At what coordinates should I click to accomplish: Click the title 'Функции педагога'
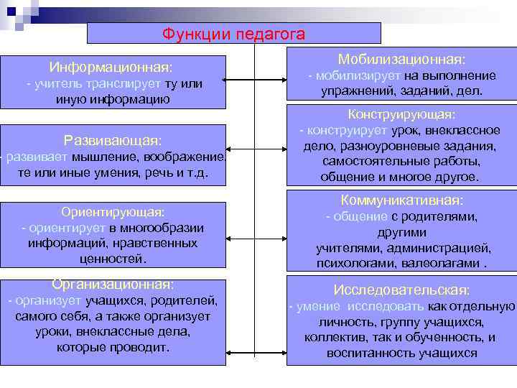click(233, 34)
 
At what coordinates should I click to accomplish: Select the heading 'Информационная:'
click(111, 68)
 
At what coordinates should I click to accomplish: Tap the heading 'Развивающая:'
click(113, 139)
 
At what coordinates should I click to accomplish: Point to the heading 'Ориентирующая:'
click(113, 212)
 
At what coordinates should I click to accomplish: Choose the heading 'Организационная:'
click(113, 284)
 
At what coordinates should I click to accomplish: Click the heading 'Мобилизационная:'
click(401, 59)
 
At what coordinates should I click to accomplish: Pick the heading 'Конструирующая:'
click(401, 114)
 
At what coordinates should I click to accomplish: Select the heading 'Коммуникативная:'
click(401, 200)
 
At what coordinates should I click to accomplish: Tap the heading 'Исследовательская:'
click(401, 290)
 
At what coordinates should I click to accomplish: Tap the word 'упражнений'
click(353, 92)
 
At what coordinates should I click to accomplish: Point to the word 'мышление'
click(111, 157)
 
